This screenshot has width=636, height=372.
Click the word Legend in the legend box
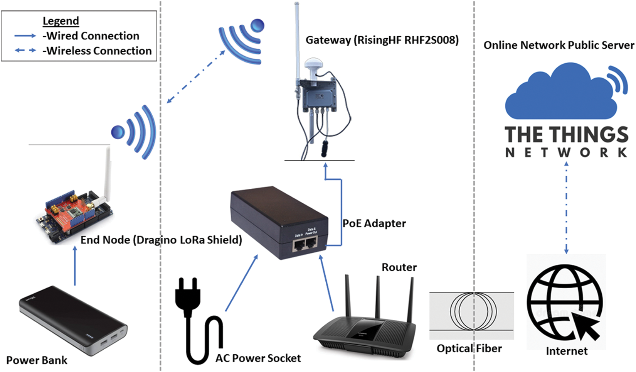(x=61, y=21)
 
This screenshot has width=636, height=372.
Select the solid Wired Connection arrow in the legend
(x=25, y=36)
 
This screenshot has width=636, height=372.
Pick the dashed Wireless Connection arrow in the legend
(x=25, y=51)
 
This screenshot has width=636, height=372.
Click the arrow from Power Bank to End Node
(x=75, y=266)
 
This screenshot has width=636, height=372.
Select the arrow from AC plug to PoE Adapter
(x=241, y=283)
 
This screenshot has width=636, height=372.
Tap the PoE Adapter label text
(x=374, y=223)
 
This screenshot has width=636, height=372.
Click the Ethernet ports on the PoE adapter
(x=305, y=244)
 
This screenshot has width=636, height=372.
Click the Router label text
(x=399, y=267)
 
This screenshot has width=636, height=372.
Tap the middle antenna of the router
(x=378, y=297)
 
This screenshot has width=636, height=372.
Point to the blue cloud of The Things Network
(x=559, y=95)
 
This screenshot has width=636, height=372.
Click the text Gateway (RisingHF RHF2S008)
(x=382, y=40)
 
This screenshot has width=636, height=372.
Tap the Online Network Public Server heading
(x=559, y=45)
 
